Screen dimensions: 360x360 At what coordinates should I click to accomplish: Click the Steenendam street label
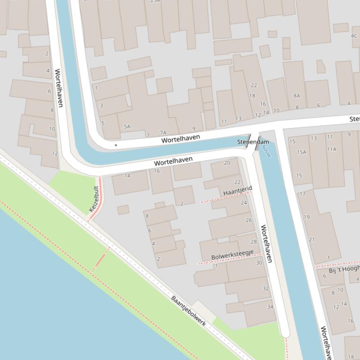click(253, 142)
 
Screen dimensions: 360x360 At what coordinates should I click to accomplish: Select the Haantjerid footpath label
click(237, 191)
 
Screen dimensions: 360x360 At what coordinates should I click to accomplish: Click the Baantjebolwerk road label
click(188, 311)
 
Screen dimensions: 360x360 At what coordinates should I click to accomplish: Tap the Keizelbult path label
click(94, 199)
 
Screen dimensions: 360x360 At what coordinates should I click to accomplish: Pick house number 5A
click(127, 127)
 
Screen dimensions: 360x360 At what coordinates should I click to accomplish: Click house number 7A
click(163, 133)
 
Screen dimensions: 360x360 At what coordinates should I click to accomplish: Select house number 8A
click(296, 96)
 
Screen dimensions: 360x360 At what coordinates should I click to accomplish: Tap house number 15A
click(301, 152)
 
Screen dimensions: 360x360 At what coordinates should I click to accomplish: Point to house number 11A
click(331, 149)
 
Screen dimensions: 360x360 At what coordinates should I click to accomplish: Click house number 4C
click(354, 36)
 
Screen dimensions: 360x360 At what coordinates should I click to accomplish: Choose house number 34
click(270, 307)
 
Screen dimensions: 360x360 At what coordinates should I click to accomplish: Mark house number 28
click(254, 242)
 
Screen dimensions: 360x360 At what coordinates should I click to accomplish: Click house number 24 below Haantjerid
click(243, 203)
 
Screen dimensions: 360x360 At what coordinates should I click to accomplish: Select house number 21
click(312, 240)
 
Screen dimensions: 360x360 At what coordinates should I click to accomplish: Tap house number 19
click(307, 217)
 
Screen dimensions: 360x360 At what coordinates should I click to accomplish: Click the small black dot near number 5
click(116, 145)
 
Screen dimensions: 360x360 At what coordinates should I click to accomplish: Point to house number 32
click(265, 288)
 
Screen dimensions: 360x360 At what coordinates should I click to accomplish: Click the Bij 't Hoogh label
click(344, 270)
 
